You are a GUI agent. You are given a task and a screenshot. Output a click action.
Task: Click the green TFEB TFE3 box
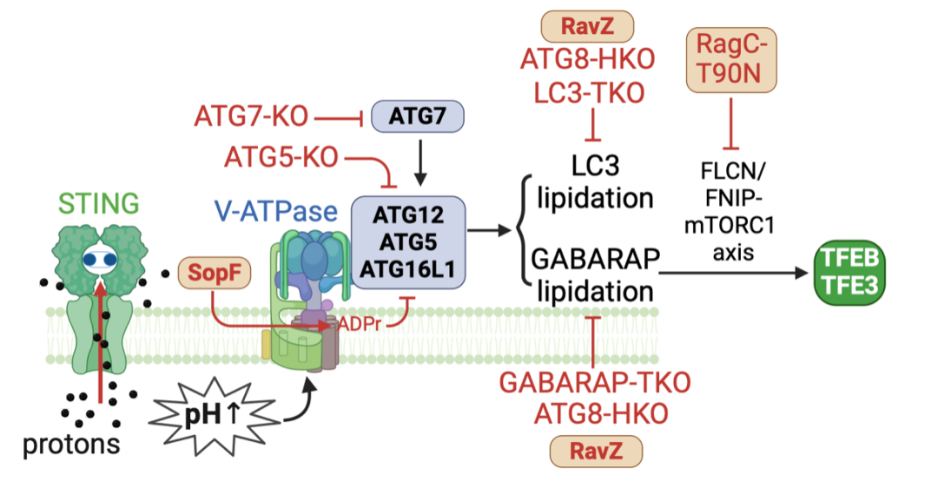pyautogui.click(x=849, y=274)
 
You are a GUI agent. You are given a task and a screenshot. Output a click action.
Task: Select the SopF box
pyautogui.click(x=215, y=273)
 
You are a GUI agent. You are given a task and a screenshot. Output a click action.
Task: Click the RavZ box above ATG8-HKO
pyautogui.click(x=587, y=26)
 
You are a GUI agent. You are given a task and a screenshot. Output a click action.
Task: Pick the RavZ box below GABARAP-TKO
pyautogui.click(x=596, y=451)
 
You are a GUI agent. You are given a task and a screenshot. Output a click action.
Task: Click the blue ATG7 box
pyautogui.click(x=418, y=116)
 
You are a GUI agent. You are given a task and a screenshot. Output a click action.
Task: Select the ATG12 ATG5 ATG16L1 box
pyautogui.click(x=408, y=243)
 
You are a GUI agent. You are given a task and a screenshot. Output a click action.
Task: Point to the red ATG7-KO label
pyautogui.click(x=251, y=116)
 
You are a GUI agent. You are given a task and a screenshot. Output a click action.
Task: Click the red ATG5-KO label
pyautogui.click(x=281, y=158)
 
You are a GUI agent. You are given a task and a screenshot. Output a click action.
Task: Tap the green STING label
pyautogui.click(x=99, y=203)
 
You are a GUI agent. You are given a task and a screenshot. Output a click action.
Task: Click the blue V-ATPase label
pyautogui.click(x=276, y=211)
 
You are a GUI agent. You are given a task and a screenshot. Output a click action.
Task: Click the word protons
pyautogui.click(x=71, y=444)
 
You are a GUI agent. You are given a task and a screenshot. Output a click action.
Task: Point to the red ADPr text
pyautogui.click(x=360, y=326)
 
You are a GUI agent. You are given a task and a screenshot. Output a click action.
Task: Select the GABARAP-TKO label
pyautogui.click(x=595, y=383)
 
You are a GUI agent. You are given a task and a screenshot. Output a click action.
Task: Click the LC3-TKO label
pyautogui.click(x=589, y=93)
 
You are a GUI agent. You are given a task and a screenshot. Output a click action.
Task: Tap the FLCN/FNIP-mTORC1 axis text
pyautogui.click(x=732, y=212)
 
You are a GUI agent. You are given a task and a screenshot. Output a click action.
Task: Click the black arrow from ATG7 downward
pyautogui.click(x=420, y=163)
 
